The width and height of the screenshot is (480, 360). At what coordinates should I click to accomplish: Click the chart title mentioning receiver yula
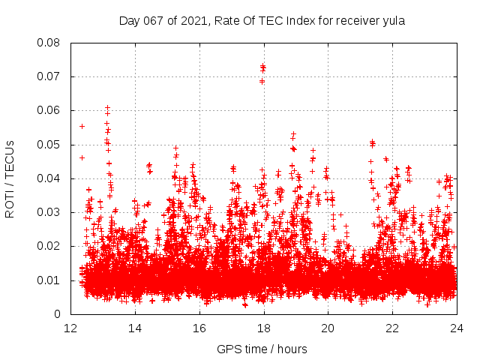tap(262, 21)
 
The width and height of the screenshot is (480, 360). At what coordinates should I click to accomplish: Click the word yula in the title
tap(392, 21)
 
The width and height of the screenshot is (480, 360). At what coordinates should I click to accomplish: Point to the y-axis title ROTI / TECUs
tap(10, 178)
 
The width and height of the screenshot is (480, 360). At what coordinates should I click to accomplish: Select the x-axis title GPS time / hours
tap(262, 349)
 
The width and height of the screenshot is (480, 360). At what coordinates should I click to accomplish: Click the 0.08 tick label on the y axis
tap(49, 43)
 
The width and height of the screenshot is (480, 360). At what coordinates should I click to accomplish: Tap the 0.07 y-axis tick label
tap(49, 76)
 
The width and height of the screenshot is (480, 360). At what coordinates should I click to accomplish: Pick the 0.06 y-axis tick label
tap(49, 110)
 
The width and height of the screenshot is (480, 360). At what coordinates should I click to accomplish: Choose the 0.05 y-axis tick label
tap(49, 144)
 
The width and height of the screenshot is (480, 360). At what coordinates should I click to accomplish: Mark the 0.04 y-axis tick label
tap(49, 178)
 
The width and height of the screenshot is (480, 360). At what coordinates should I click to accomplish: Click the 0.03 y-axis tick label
tap(49, 212)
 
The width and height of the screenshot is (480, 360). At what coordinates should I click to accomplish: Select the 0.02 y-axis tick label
tap(49, 246)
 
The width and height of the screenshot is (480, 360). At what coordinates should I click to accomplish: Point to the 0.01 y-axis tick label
tap(49, 280)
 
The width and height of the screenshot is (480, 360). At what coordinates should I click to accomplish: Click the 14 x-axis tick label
tap(135, 328)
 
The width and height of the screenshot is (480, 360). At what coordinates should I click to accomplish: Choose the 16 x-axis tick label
tap(199, 328)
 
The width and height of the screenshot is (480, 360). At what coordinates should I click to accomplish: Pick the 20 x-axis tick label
tap(328, 328)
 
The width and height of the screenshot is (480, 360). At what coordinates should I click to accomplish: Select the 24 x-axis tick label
tap(456, 328)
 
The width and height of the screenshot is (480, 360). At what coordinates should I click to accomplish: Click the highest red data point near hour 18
tap(262, 66)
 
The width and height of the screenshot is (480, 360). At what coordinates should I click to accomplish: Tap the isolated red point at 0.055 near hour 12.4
tap(82, 126)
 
